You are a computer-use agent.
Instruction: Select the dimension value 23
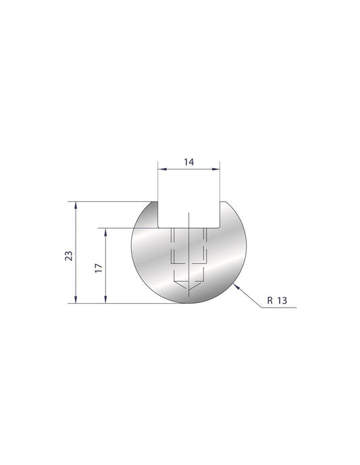[x=68, y=254]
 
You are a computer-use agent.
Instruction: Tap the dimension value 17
[x=98, y=267]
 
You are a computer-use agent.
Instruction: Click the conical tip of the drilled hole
[x=188, y=288]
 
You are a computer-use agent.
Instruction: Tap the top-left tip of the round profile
[x=155, y=202]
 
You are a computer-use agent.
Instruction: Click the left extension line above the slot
[x=158, y=182]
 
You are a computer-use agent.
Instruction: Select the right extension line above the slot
[x=220, y=182]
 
